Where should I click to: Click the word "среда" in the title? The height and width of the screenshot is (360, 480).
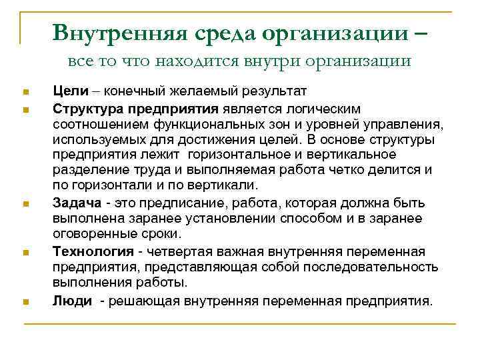tap(220, 32)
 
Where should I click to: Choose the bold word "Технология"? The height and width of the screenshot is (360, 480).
tap(90, 251)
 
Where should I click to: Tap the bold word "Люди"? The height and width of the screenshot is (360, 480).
tap(72, 301)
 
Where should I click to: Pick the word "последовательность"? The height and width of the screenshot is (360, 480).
tap(377, 267)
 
